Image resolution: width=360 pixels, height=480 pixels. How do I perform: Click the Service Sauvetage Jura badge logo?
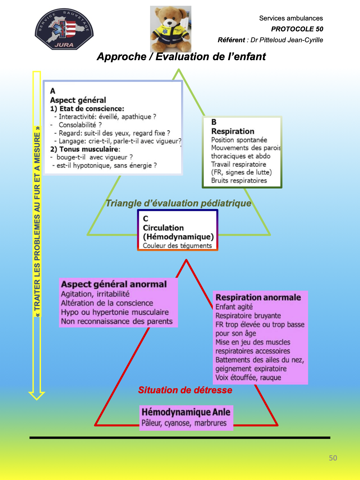point(64,29)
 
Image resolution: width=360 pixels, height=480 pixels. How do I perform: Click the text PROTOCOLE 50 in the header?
point(297,29)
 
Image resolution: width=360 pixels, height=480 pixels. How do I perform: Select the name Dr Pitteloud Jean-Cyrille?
point(286,40)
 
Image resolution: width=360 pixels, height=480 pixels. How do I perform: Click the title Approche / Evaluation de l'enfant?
point(181,57)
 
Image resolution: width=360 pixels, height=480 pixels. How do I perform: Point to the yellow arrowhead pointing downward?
point(37,396)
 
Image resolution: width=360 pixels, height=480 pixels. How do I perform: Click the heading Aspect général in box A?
point(78,100)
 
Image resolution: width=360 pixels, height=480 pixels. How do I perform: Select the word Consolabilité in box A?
point(77,125)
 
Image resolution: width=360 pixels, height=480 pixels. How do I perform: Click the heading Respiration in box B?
point(233,131)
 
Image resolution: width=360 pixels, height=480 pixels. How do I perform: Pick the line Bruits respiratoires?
point(239,180)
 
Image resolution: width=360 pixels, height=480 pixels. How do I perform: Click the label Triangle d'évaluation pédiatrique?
point(178,203)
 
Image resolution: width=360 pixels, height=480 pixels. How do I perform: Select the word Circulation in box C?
point(163,228)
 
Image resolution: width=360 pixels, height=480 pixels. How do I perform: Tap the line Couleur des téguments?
point(177,245)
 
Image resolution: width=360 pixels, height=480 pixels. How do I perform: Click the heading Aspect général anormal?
point(114,284)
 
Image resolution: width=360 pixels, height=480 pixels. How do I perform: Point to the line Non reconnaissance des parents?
point(117,321)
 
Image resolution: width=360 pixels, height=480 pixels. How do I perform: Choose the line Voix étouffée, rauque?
point(248,378)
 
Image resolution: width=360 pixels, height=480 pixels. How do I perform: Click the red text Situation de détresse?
point(185,390)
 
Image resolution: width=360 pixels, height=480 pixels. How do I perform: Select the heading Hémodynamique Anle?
point(186,412)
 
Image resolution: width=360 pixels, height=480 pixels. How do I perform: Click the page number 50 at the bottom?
point(333,458)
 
